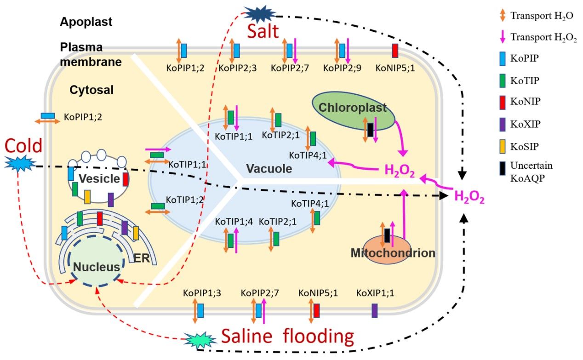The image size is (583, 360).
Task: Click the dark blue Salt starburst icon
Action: (x=260, y=13)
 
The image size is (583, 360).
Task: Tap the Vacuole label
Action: (x=269, y=169)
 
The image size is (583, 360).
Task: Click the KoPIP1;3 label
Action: (x=201, y=292)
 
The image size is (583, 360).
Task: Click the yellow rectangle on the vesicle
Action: (x=87, y=197)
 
